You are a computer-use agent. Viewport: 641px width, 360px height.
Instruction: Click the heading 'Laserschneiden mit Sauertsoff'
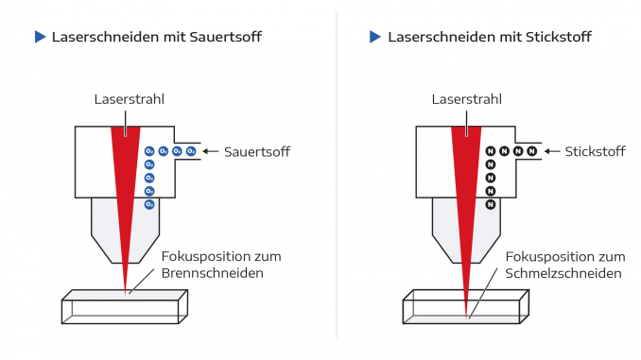click(157, 37)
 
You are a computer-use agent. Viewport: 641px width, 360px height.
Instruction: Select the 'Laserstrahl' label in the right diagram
click(466, 99)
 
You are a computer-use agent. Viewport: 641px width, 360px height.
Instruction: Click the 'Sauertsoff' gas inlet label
click(257, 151)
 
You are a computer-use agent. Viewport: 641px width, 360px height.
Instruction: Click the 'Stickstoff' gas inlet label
click(596, 151)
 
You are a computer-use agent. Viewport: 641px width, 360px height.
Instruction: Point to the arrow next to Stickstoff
click(551, 151)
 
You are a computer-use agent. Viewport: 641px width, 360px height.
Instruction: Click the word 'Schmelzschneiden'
click(563, 273)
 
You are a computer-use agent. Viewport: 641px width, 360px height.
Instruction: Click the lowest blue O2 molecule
click(149, 204)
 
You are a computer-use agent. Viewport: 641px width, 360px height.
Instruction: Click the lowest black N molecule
click(490, 204)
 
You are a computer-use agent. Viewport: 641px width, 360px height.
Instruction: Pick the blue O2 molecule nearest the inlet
click(191, 151)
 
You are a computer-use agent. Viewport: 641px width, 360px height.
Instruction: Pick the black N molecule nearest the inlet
click(532, 151)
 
